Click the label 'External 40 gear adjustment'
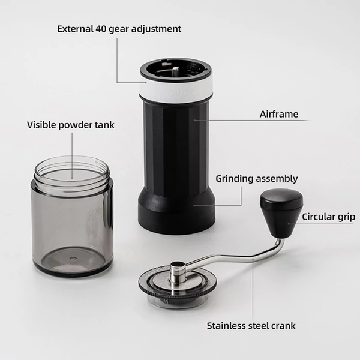pos(119,29)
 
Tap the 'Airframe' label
pos(279,114)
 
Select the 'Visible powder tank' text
pos(70,125)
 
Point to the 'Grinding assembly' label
pos(257,179)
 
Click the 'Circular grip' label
pos(329,217)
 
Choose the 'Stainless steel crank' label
pos(251,326)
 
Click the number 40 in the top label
pos(101,29)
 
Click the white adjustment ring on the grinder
pos(176,90)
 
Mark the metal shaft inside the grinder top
pos(176,71)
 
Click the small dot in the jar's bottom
pos(73,258)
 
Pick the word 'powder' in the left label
pos(75,125)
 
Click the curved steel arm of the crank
pos(239,256)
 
